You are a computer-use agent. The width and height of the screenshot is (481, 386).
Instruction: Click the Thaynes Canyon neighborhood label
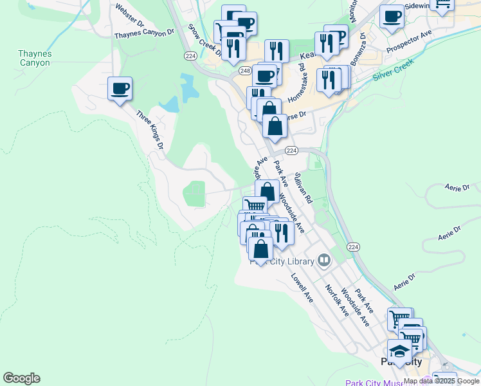point(35,59)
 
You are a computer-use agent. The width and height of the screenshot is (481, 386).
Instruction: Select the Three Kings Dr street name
point(150,129)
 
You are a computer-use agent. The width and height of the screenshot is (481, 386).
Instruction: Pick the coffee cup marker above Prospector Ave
point(392,17)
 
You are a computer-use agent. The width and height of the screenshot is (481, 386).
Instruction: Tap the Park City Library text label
point(283,261)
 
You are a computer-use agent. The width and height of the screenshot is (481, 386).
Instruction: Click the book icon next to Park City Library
point(323,261)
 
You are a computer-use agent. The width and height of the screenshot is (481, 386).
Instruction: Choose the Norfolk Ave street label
point(336,300)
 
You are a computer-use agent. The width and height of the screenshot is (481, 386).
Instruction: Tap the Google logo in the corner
point(21,378)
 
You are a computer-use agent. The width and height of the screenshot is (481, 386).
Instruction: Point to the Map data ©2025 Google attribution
point(441,381)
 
